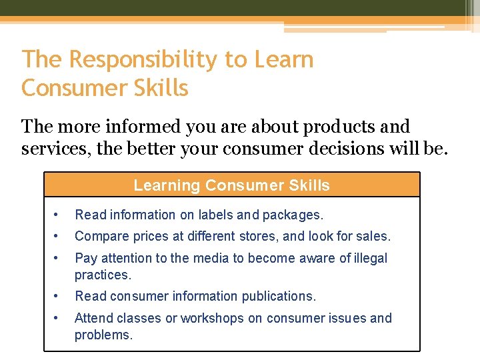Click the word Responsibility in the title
143,59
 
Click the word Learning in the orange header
167,185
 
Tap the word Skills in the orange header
307,185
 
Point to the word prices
145,236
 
